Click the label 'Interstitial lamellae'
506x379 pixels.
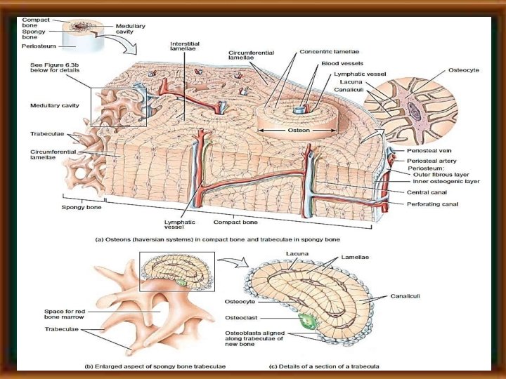[185, 46]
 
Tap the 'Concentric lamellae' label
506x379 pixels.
[326, 52]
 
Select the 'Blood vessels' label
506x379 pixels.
[336, 62]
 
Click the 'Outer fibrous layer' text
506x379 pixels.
[442, 175]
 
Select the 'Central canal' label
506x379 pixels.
[426, 192]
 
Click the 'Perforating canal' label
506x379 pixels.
[431, 204]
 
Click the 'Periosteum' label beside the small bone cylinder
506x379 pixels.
[39, 46]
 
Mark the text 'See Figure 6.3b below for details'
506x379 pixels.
[56, 68]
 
